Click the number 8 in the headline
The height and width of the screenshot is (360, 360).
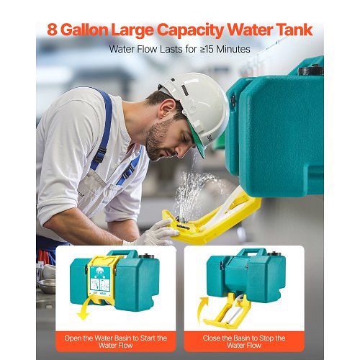coord(53,30)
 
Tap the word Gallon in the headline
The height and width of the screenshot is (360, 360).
coord(85,30)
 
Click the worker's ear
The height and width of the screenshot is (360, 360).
coord(167,108)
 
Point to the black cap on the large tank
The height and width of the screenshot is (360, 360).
coord(311,70)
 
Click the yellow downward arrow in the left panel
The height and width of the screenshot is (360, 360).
coord(85,307)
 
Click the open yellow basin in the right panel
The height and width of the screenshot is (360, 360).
coord(228,311)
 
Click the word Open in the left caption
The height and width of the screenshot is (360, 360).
coord(73,338)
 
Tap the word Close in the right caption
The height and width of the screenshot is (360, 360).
coord(211,338)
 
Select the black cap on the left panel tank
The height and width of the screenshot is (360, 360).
coord(147,256)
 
